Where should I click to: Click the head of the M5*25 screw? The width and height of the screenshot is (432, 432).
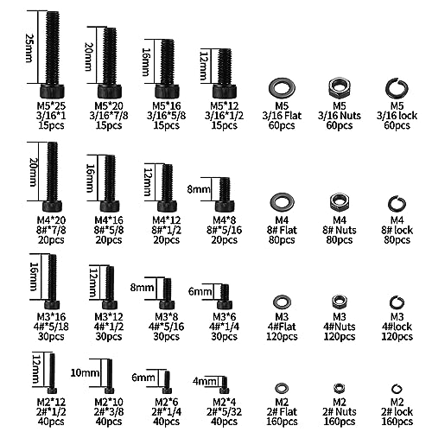[x=52, y=91]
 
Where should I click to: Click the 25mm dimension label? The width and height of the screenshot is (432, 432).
[x=29, y=48]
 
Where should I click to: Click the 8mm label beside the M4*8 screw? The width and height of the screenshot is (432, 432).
[x=199, y=189]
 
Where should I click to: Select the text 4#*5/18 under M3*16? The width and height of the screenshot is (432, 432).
[x=51, y=327]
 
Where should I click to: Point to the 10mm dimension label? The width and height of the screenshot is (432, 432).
[x=86, y=373]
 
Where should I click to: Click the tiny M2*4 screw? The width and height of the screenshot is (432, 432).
[x=225, y=385]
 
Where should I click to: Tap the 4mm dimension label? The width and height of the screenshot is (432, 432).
[x=205, y=382]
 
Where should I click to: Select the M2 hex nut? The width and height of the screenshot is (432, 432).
[x=340, y=388]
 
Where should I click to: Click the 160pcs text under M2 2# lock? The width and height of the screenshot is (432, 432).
[x=397, y=422]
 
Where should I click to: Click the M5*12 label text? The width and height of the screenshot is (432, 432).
[x=225, y=105]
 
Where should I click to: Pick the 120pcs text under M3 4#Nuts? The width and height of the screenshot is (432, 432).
[x=340, y=336]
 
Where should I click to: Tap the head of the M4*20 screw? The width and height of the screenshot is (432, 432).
[x=53, y=206]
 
